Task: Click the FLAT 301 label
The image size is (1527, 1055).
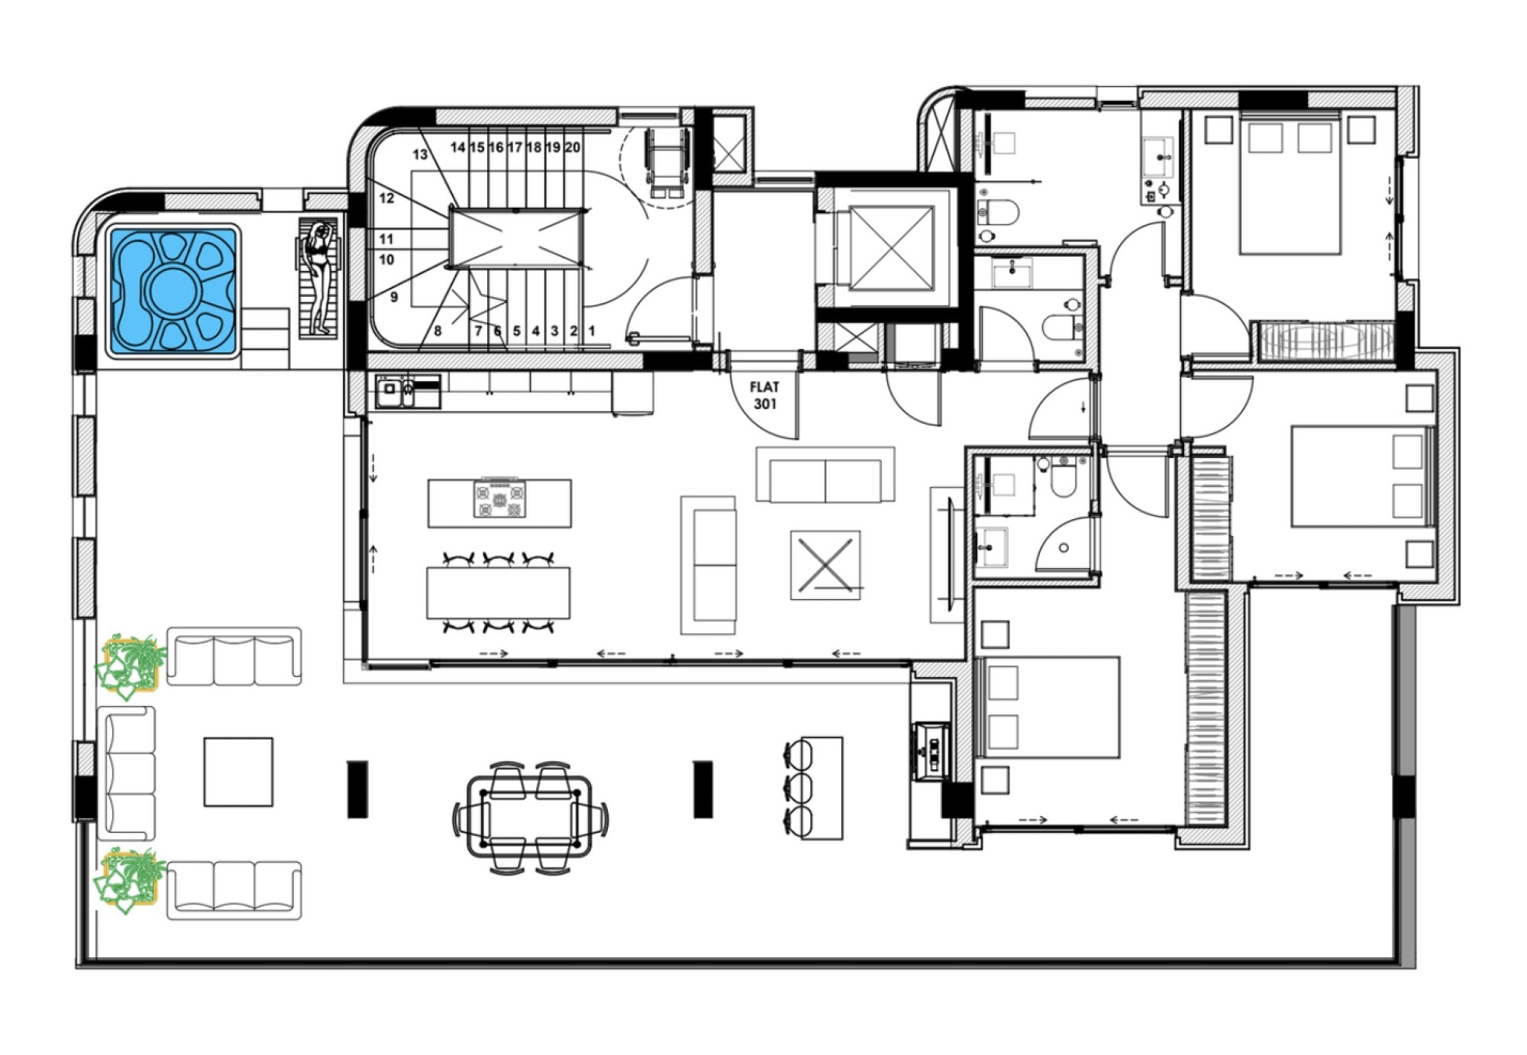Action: click(764, 395)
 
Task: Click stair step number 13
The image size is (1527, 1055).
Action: click(420, 154)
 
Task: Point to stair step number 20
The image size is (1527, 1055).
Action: click(572, 147)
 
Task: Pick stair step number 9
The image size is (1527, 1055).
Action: click(394, 297)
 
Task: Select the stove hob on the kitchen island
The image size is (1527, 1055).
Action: click(499, 499)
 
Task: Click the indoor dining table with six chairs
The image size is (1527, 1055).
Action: click(498, 592)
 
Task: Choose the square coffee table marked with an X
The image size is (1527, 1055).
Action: click(825, 565)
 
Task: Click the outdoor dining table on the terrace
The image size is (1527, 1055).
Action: click(531, 818)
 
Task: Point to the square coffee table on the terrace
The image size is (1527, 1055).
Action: click(238, 772)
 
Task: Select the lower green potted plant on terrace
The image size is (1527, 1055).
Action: click(131, 881)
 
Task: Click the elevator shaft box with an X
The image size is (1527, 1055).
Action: click(891, 248)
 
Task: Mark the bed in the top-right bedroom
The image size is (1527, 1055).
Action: click(1290, 183)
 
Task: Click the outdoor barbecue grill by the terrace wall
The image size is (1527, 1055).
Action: click(931, 751)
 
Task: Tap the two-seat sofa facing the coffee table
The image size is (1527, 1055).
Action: click(825, 475)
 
